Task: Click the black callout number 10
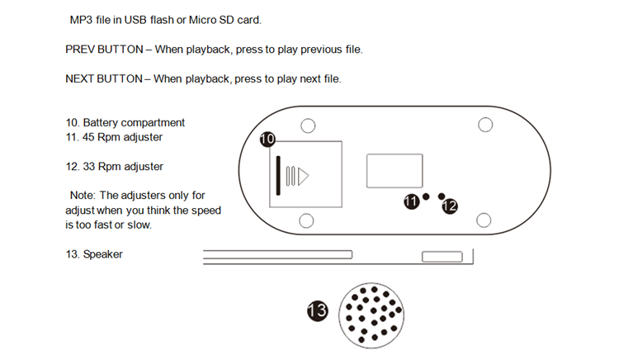coord(267,140)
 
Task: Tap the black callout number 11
coord(411,202)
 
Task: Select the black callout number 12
coord(450,206)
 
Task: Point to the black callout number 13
coord(317,310)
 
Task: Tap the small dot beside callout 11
coord(426,197)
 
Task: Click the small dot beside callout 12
coord(442,196)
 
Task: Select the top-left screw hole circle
coord(307,126)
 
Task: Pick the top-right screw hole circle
coord(486,125)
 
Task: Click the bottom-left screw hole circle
coord(306,220)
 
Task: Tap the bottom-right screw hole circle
coord(485,220)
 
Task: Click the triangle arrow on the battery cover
coord(303,176)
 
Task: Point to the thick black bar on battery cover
coord(279,175)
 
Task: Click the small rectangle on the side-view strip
coord(442,258)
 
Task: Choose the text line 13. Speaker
coord(94,254)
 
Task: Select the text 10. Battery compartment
coord(125,123)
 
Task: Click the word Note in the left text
coord(82,196)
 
